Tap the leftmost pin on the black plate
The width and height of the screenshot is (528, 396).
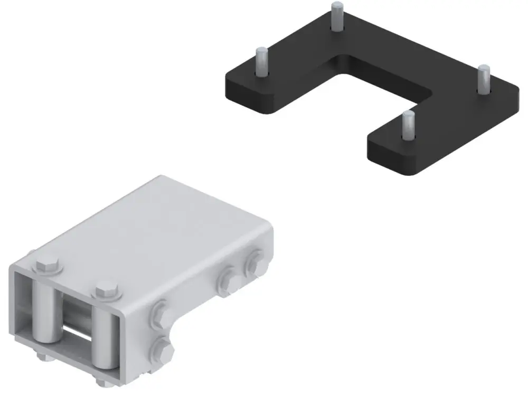[261, 61]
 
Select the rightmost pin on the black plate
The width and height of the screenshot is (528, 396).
[484, 79]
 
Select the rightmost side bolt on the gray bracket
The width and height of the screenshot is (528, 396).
[255, 262]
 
